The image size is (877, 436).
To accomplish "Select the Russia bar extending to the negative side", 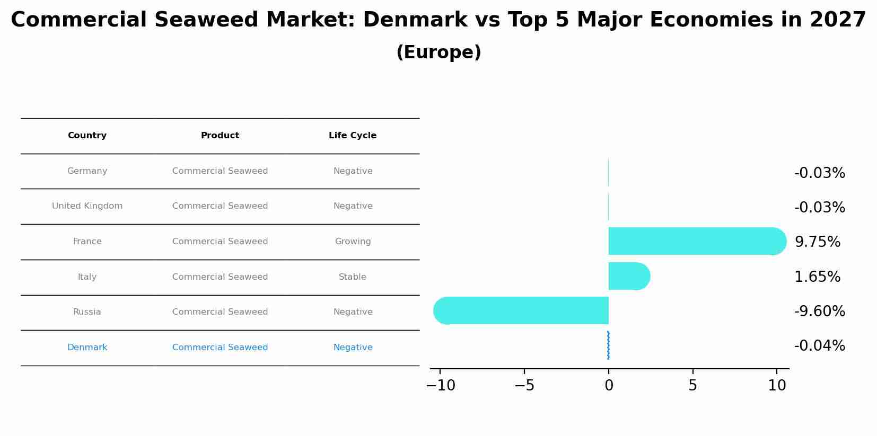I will tap(522, 310).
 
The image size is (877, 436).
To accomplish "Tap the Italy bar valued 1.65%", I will tap(628, 276).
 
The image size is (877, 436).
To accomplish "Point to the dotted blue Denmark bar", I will tap(608, 345).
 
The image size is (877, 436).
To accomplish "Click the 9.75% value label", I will tap(817, 242).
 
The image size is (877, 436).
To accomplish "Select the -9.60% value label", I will tap(819, 312).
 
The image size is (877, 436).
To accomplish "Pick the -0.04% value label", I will tap(819, 346).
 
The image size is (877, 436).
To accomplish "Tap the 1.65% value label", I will tap(817, 277).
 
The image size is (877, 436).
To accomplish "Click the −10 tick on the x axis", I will tap(441, 386).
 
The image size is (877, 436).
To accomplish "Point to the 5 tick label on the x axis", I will tap(692, 386).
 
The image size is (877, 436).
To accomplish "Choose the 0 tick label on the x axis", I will tap(609, 386).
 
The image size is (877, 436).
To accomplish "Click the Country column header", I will tap(87, 136).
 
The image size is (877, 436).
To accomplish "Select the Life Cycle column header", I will tap(353, 136).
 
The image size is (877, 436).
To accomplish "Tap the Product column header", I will tap(220, 136).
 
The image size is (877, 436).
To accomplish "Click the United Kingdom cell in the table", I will tap(87, 206).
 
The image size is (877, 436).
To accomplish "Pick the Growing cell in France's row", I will tap(353, 242).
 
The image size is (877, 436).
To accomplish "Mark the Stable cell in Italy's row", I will tap(353, 277).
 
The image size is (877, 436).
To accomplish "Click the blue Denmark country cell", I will tap(87, 348).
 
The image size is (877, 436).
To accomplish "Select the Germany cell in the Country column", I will tap(87, 171).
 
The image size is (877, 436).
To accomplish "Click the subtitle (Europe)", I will tap(438, 52).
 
